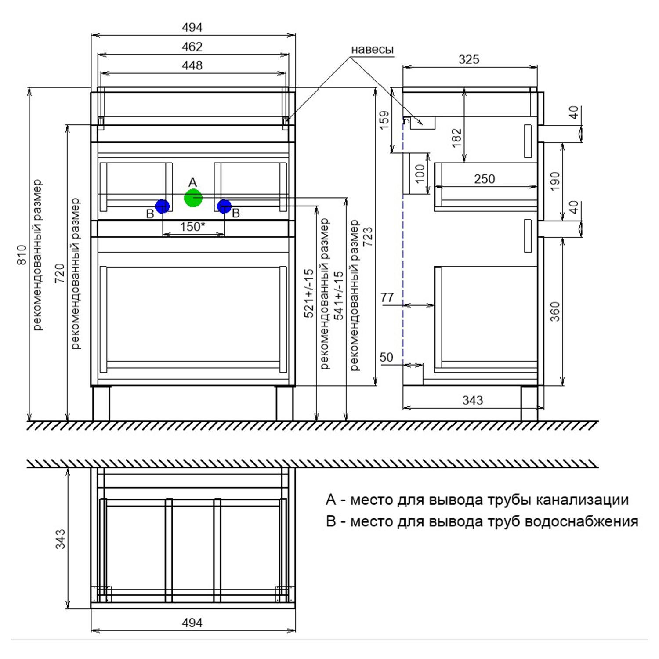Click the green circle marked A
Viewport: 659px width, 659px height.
pos(193,198)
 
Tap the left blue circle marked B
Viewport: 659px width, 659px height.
pos(162,206)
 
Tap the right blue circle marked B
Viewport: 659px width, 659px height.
pos(224,206)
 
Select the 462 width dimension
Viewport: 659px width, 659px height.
pos(192,47)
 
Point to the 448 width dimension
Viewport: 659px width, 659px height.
pos(192,65)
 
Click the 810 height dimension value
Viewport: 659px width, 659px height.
pos(22,255)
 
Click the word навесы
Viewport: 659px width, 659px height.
pos(372,50)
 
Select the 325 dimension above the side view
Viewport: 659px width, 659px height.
pos(469,59)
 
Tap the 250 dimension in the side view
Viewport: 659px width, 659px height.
pos(485,179)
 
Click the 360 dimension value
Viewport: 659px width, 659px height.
pos(555,311)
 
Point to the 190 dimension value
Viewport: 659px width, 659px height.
pos(555,181)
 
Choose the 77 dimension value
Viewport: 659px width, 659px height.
pos(387,297)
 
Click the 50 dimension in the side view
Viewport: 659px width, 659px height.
pos(387,357)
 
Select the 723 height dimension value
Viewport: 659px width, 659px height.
pos(368,237)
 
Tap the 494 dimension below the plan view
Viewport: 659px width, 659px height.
pos(192,623)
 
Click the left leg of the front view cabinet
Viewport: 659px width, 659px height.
pos(101,403)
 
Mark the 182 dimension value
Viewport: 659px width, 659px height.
pos(457,138)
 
